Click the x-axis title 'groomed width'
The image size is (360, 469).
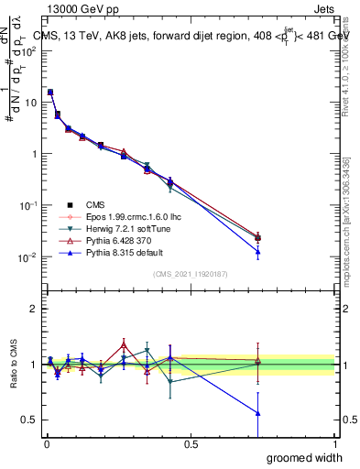(304, 457)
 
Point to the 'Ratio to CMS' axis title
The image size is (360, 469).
(13, 365)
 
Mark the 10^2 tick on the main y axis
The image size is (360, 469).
(28, 51)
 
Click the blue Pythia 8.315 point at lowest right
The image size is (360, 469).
(257, 252)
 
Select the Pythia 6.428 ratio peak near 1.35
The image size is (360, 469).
(124, 344)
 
